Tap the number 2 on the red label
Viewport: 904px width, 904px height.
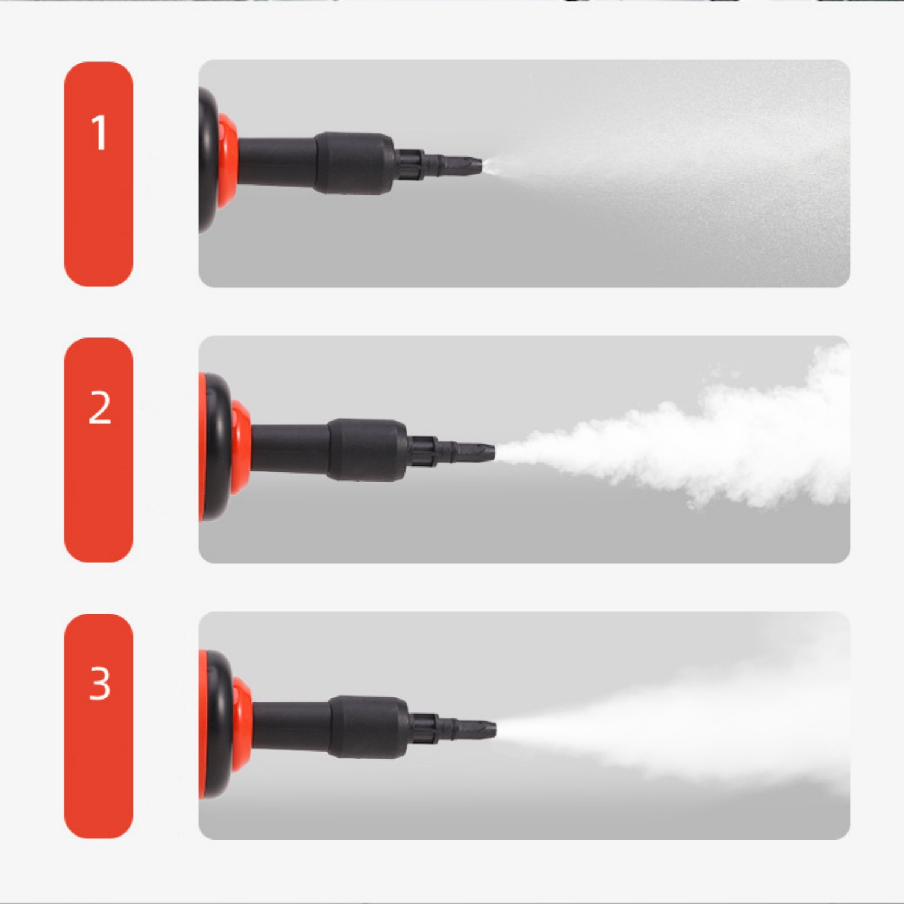pyautogui.click(x=100, y=407)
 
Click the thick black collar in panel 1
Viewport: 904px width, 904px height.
pyautogui.click(x=354, y=163)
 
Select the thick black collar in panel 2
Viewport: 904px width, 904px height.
pyautogui.click(x=368, y=450)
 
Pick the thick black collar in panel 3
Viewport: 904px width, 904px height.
pyautogui.click(x=369, y=727)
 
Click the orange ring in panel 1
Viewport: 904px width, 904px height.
pyautogui.click(x=228, y=160)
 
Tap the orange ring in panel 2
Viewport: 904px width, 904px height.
pyautogui.click(x=240, y=447)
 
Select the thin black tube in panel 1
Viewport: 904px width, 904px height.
pyautogui.click(x=277, y=161)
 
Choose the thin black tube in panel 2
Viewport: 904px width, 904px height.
pyautogui.click(x=290, y=448)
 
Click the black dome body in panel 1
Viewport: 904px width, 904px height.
pyautogui.click(x=209, y=160)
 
